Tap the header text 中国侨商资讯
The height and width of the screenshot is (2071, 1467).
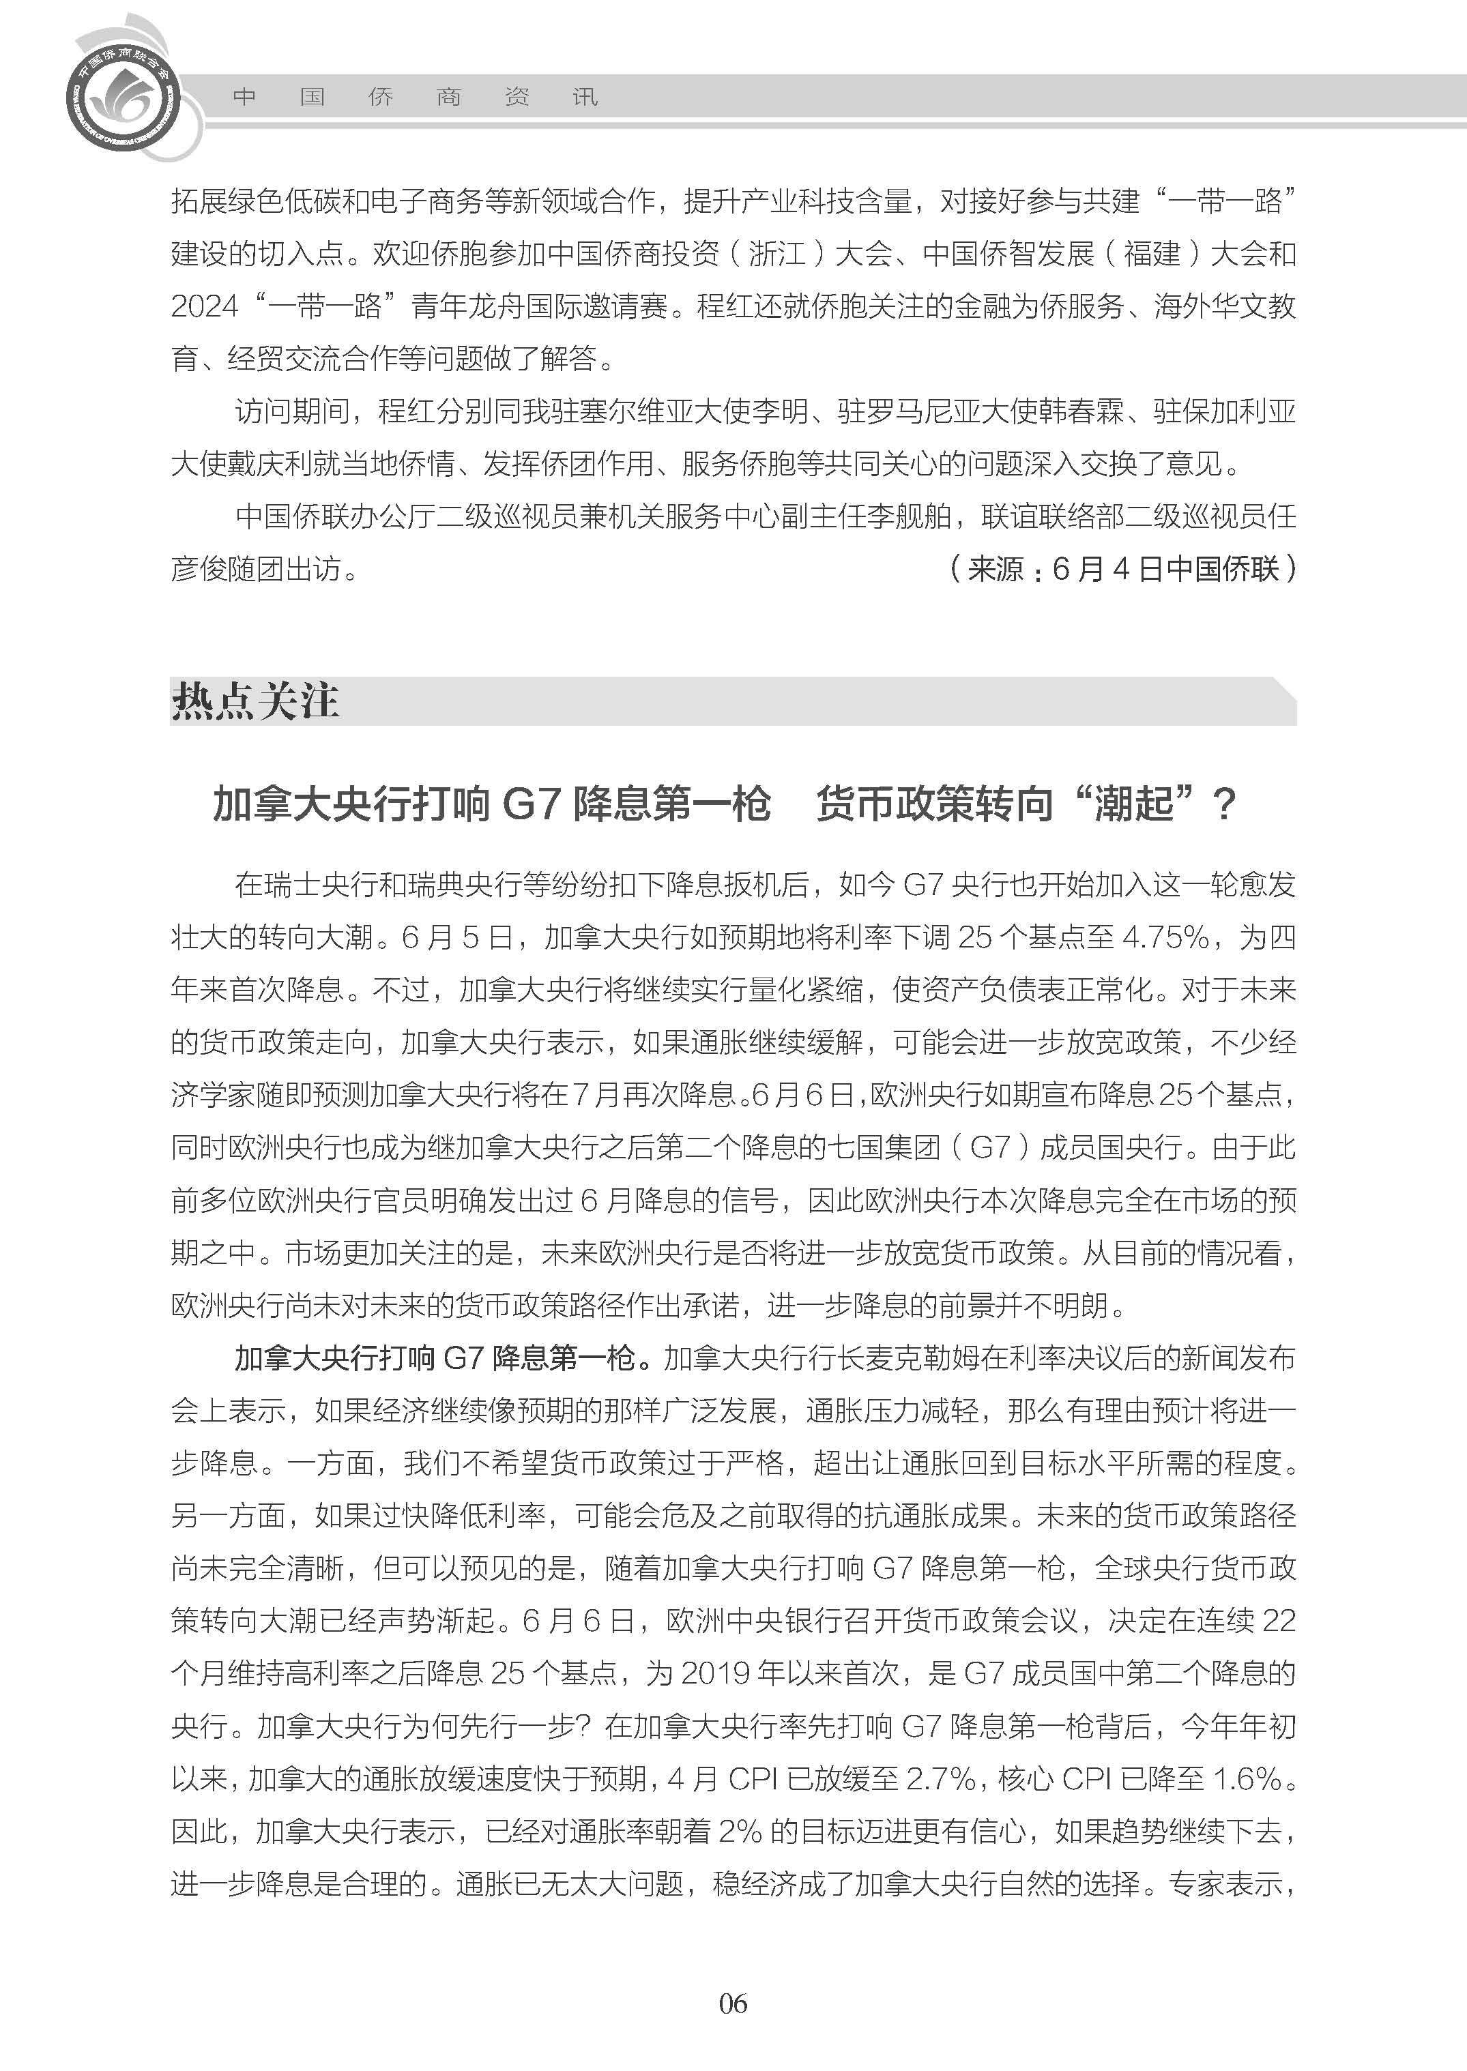pyautogui.click(x=416, y=97)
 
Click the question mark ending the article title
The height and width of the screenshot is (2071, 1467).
pyautogui.click(x=1224, y=803)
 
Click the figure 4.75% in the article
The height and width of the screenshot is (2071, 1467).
pyautogui.click(x=1164, y=937)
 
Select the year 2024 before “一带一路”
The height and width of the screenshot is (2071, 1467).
pyautogui.click(x=204, y=306)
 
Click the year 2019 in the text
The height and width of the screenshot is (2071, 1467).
pyautogui.click(x=716, y=1672)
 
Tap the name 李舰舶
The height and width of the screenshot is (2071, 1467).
pyautogui.click(x=909, y=516)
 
